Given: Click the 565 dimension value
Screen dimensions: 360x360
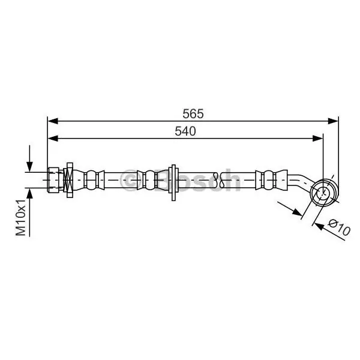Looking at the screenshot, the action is [193, 113].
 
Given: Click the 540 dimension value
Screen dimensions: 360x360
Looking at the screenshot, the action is [185, 131].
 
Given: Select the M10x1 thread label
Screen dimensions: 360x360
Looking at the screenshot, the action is [20, 218].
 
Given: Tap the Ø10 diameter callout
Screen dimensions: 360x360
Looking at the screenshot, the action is [339, 227].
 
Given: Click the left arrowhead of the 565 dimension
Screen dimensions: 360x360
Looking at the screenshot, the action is [53, 121].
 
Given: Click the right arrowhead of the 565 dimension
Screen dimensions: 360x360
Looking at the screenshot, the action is [333, 121].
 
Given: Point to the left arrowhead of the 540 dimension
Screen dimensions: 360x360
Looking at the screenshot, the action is [53, 139].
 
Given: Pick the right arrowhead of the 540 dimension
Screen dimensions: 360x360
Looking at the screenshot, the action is [318, 139].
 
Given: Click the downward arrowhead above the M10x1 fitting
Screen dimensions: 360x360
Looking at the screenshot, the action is [29, 166].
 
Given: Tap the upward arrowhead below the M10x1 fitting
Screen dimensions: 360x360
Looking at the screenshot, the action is [29, 193].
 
